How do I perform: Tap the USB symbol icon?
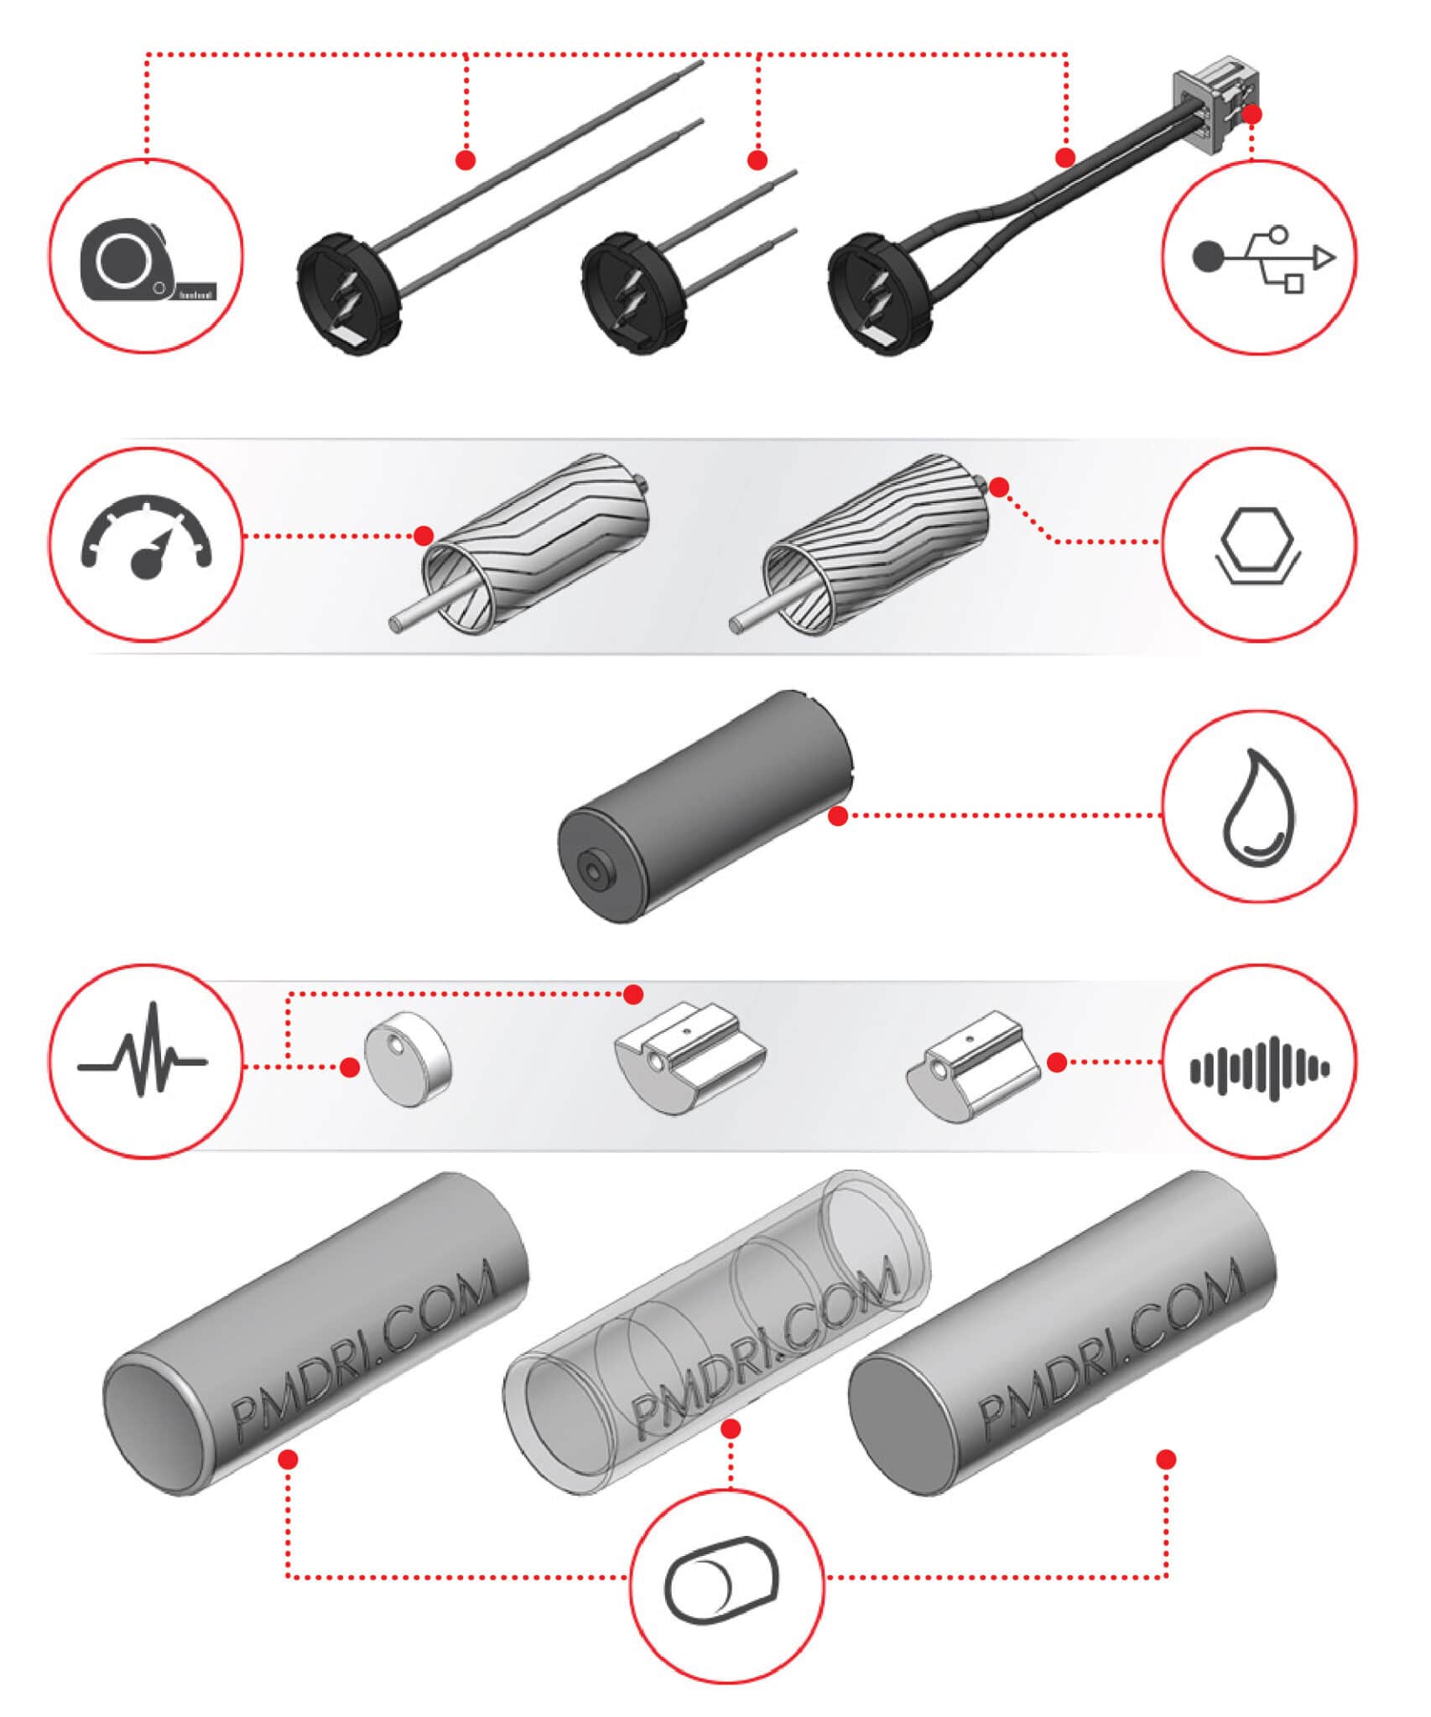[1261, 257]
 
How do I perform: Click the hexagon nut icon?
[1257, 545]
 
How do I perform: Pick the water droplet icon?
[1257, 807]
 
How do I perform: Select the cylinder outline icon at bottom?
[723, 1580]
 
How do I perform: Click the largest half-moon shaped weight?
[689, 1056]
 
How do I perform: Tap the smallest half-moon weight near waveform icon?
[973, 1065]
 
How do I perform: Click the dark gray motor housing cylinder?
[705, 807]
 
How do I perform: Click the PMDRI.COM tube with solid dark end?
[1061, 1333]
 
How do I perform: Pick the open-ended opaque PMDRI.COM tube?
[315, 1333]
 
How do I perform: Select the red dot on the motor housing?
[837, 816]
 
